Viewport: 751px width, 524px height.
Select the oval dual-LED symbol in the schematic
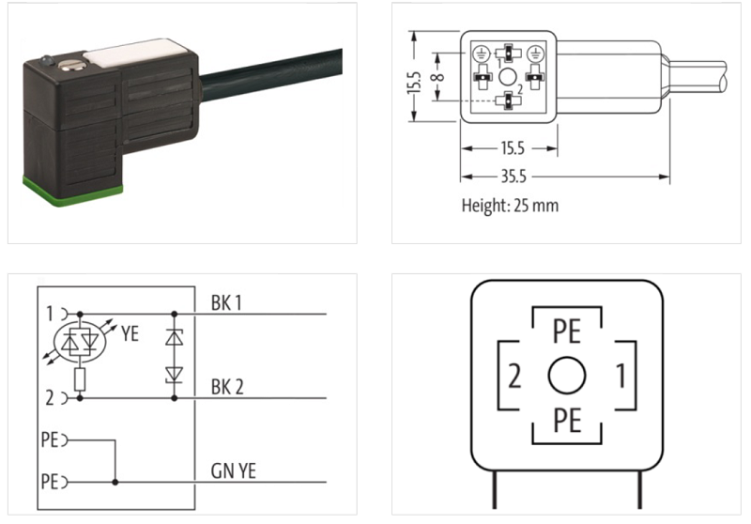tap(80, 342)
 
